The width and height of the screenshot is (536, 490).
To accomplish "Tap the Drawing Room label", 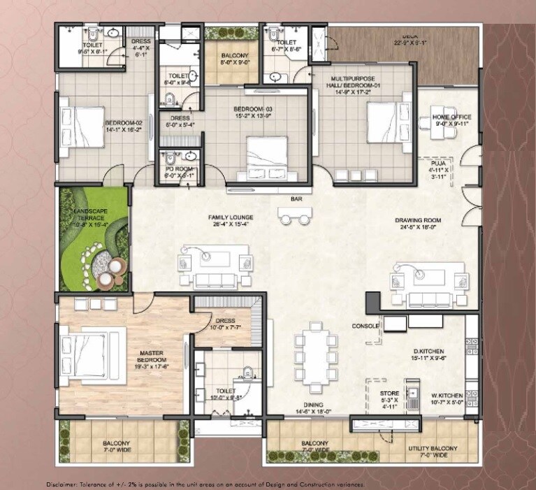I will click(421, 221).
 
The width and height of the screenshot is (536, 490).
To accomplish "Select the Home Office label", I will click(451, 117).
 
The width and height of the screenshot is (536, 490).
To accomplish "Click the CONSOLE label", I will click(365, 326).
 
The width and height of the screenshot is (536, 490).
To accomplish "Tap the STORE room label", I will click(389, 394).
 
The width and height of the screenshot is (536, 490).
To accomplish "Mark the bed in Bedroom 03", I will click(266, 152).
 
